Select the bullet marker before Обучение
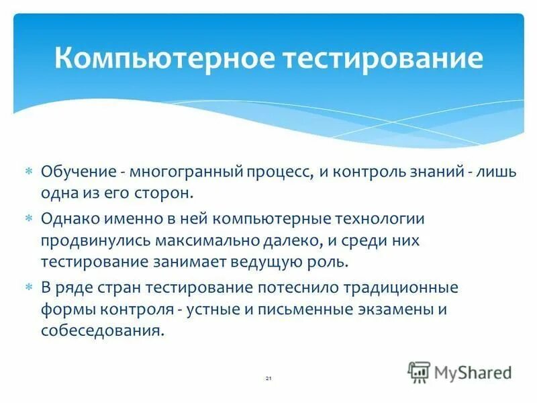coord(29,172)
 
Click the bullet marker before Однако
coord(29,219)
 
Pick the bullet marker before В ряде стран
coord(29,288)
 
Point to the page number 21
coord(268,380)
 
